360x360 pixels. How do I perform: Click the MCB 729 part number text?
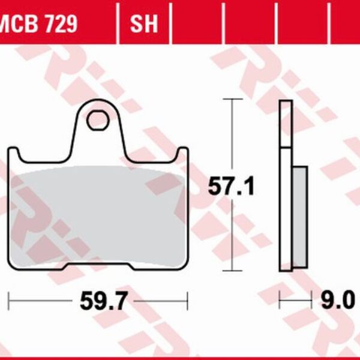tap(37, 24)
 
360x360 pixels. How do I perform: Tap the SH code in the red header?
tap(144, 24)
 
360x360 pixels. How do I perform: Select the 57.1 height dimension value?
tap(232, 187)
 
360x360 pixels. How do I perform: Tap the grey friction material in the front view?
tap(99, 210)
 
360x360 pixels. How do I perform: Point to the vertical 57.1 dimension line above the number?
tap(232, 138)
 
